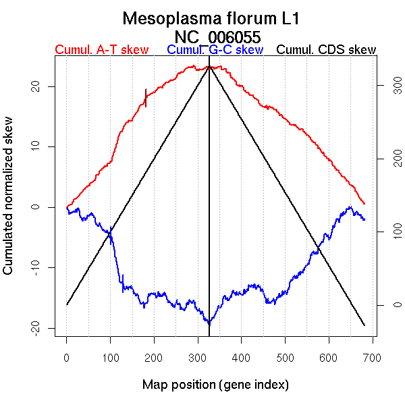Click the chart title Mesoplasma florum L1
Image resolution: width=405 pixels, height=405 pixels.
pos(211,18)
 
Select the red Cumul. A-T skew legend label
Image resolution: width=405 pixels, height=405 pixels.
pos(101,50)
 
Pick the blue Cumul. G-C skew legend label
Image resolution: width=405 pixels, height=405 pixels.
pos(215,50)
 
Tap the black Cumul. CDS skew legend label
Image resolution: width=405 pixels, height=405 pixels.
pos(327,50)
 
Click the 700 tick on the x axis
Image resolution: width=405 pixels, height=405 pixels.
pos(373,357)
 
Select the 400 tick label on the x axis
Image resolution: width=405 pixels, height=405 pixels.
pos(242,357)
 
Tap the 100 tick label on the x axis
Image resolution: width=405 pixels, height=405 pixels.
pos(111,357)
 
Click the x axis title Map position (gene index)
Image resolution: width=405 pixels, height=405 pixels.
pos(215,385)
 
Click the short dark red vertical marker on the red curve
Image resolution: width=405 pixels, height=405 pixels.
pos(146,98)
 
